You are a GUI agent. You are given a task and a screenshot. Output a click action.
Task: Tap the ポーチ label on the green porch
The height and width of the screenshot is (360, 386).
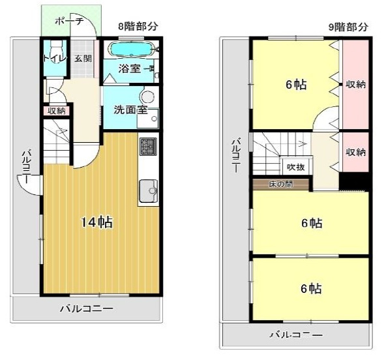tap(69, 21)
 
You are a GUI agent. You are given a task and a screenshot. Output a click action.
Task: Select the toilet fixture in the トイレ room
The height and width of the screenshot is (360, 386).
tap(56, 51)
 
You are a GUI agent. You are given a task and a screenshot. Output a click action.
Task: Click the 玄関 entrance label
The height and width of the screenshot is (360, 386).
tap(83, 59)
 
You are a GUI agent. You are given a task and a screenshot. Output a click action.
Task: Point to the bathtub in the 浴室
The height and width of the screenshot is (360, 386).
tap(129, 49)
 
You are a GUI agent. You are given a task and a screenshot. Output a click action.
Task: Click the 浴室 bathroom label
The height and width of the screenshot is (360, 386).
tap(129, 68)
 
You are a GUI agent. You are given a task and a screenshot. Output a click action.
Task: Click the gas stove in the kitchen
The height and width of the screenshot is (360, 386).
tap(147, 147)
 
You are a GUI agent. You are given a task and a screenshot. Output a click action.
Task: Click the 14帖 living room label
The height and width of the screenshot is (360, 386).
tap(96, 222)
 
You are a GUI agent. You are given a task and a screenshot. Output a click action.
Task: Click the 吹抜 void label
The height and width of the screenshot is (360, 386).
tap(296, 166)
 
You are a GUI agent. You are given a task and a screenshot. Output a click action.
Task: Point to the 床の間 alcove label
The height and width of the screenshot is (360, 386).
tap(280, 184)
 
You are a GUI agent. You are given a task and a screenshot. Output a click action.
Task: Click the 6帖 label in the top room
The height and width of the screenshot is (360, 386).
tap(296, 84)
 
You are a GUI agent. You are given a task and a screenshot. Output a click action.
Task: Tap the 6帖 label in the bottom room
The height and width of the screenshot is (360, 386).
tap(311, 288)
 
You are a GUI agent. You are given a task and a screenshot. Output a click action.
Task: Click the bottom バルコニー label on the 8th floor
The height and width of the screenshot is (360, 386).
tap(87, 308)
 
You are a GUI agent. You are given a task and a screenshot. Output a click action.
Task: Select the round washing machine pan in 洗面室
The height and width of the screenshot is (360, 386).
tap(149, 98)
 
